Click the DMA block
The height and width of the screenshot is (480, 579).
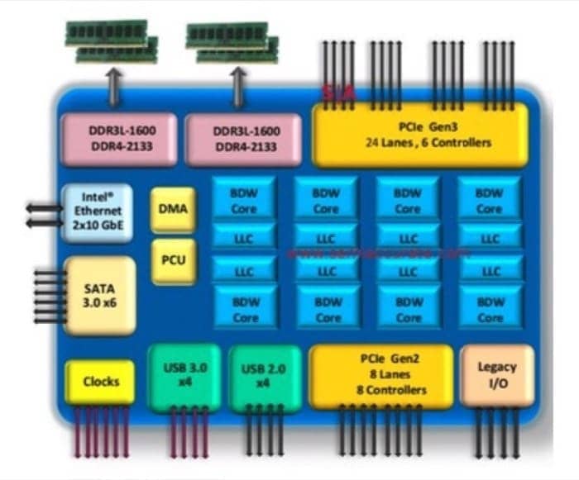[174, 209]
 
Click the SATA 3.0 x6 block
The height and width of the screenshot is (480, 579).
[99, 295]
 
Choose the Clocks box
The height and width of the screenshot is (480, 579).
[100, 382]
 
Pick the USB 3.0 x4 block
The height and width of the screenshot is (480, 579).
[184, 377]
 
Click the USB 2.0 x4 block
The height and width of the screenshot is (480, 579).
[264, 377]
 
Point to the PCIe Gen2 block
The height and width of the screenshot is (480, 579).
[381, 376]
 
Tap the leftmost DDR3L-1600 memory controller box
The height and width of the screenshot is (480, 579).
[120, 138]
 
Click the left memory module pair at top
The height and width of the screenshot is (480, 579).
[112, 41]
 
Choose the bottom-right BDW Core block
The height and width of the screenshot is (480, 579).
[490, 309]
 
